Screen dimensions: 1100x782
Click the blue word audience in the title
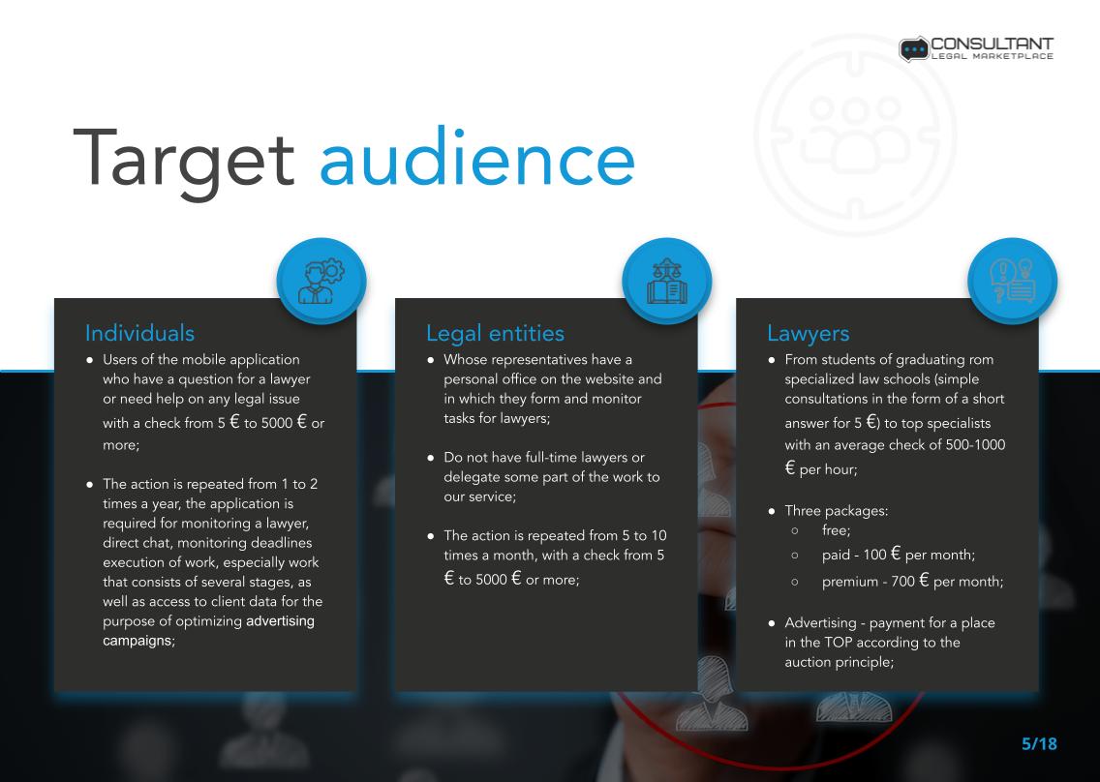[477, 156]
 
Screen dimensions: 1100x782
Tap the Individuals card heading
[139, 333]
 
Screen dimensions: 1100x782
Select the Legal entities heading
[495, 334]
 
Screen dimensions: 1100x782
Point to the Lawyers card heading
[809, 334]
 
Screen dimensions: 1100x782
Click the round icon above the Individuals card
[321, 281]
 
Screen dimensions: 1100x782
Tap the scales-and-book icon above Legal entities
[666, 281]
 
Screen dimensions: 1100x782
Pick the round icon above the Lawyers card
[1012, 281]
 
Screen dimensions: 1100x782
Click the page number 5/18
[1039, 744]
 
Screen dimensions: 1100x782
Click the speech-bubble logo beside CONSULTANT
[913, 49]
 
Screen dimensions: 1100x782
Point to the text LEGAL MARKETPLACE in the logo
[992, 56]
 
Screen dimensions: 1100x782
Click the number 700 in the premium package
[902, 582]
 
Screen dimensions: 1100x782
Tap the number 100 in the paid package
[874, 555]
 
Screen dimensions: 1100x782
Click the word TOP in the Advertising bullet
[839, 643]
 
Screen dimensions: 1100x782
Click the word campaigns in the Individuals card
[137, 641]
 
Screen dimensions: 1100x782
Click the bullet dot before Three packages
[772, 511]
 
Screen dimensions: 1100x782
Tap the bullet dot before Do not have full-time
[431, 458]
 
